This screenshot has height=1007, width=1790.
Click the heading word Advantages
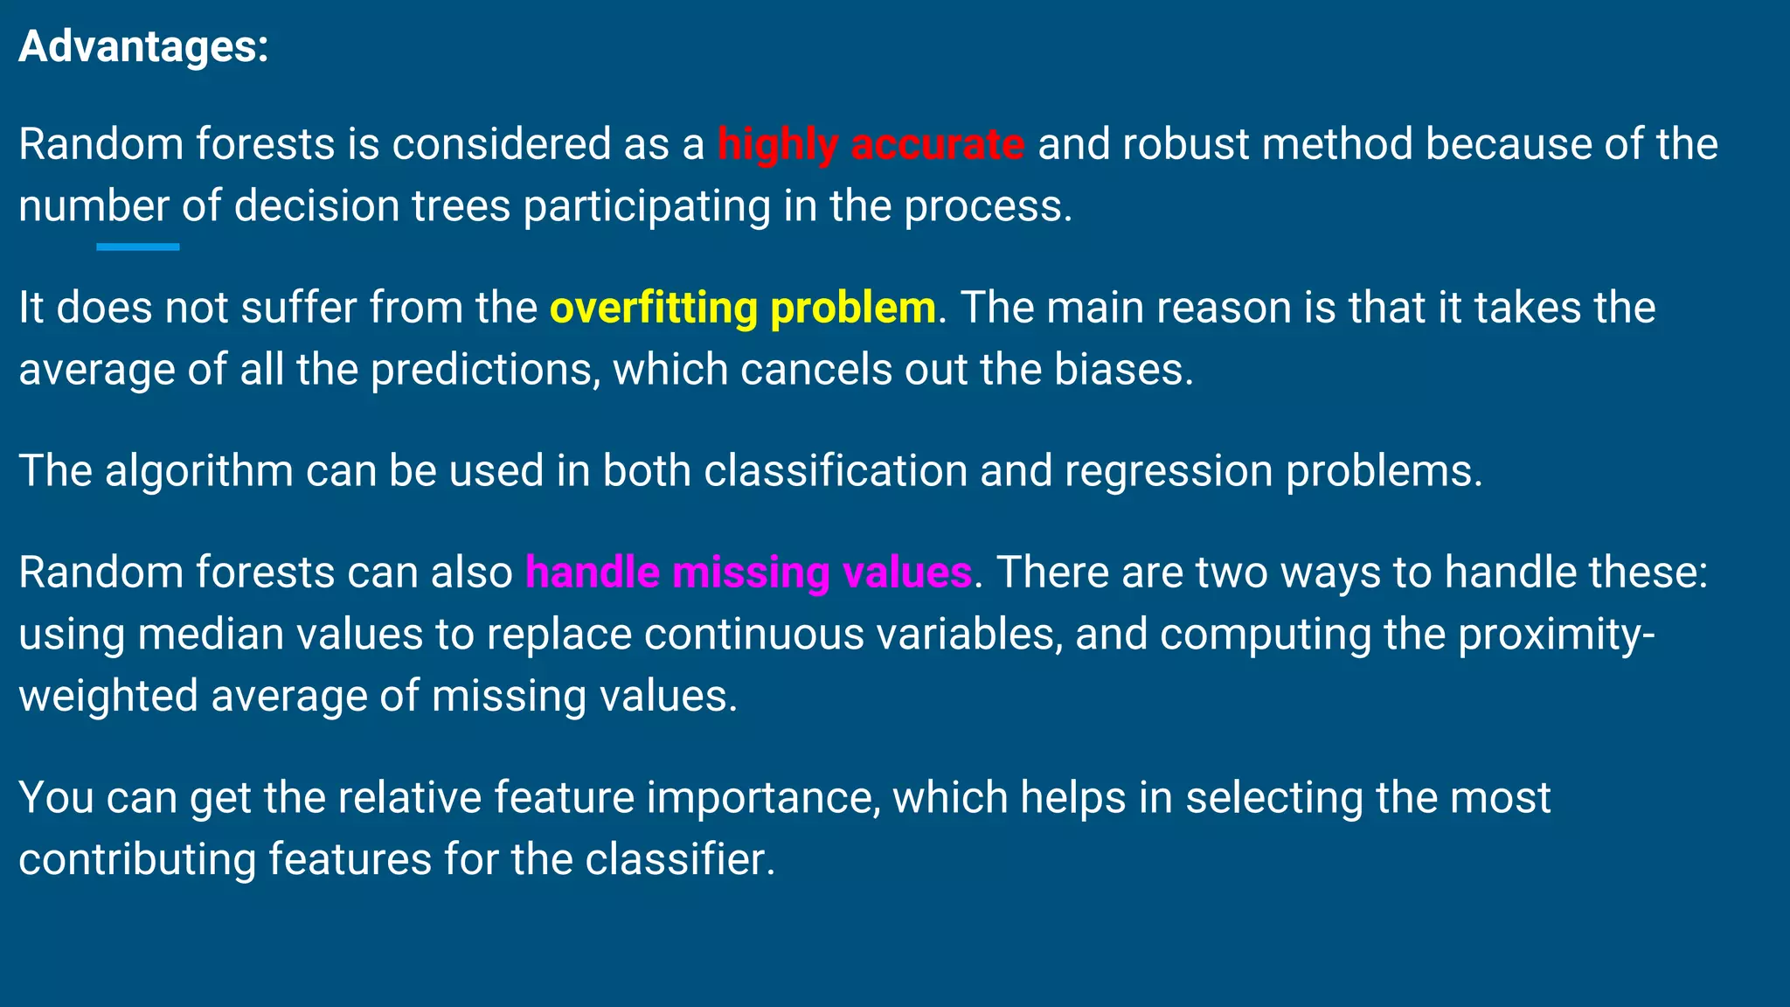pos(142,46)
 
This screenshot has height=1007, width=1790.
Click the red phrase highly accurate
pos(871,144)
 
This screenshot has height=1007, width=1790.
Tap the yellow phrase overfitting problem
pos(742,308)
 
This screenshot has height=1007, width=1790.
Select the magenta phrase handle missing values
pos(748,573)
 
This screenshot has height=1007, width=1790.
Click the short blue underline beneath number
pos(138,247)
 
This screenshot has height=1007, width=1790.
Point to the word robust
pos(1185,144)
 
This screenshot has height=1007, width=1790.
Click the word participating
pos(647,206)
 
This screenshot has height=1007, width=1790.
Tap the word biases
pos(1122,370)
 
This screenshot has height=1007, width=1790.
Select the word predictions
pos(485,370)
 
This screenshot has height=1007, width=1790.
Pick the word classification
pos(835,471)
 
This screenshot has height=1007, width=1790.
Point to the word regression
pos(1169,471)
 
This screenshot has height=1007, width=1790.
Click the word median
pos(211,634)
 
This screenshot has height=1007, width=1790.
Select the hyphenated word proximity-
pos(1556,634)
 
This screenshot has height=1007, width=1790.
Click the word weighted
pos(108,697)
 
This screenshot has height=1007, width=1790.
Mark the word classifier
pos(679,859)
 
